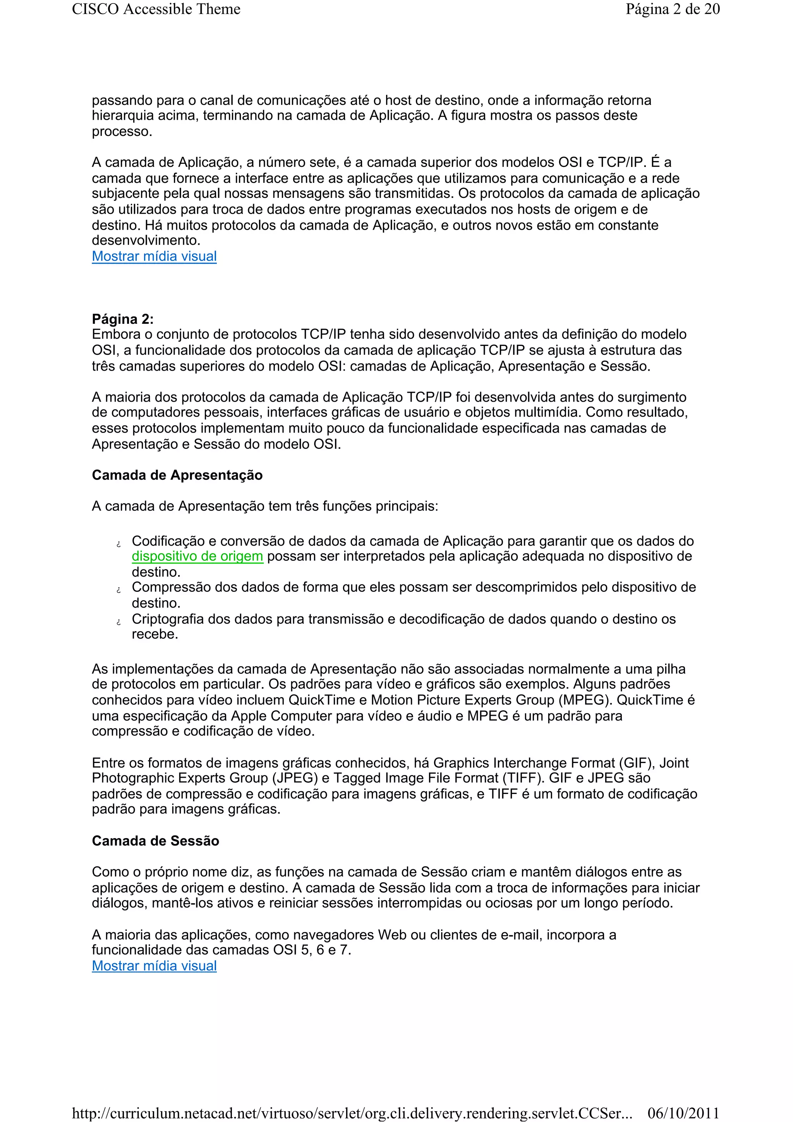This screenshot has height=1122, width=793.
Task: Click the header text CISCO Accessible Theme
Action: click(156, 9)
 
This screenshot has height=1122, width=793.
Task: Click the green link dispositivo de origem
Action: click(197, 556)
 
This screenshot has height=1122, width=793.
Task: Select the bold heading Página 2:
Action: click(123, 319)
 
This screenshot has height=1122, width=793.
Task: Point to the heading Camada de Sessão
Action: click(155, 840)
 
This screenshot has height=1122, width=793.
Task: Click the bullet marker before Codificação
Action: click(118, 544)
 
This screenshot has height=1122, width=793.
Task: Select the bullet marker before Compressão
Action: click(118, 590)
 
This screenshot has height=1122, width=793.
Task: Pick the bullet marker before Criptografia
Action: click(118, 622)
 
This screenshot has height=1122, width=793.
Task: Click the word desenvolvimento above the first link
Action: click(146, 241)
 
